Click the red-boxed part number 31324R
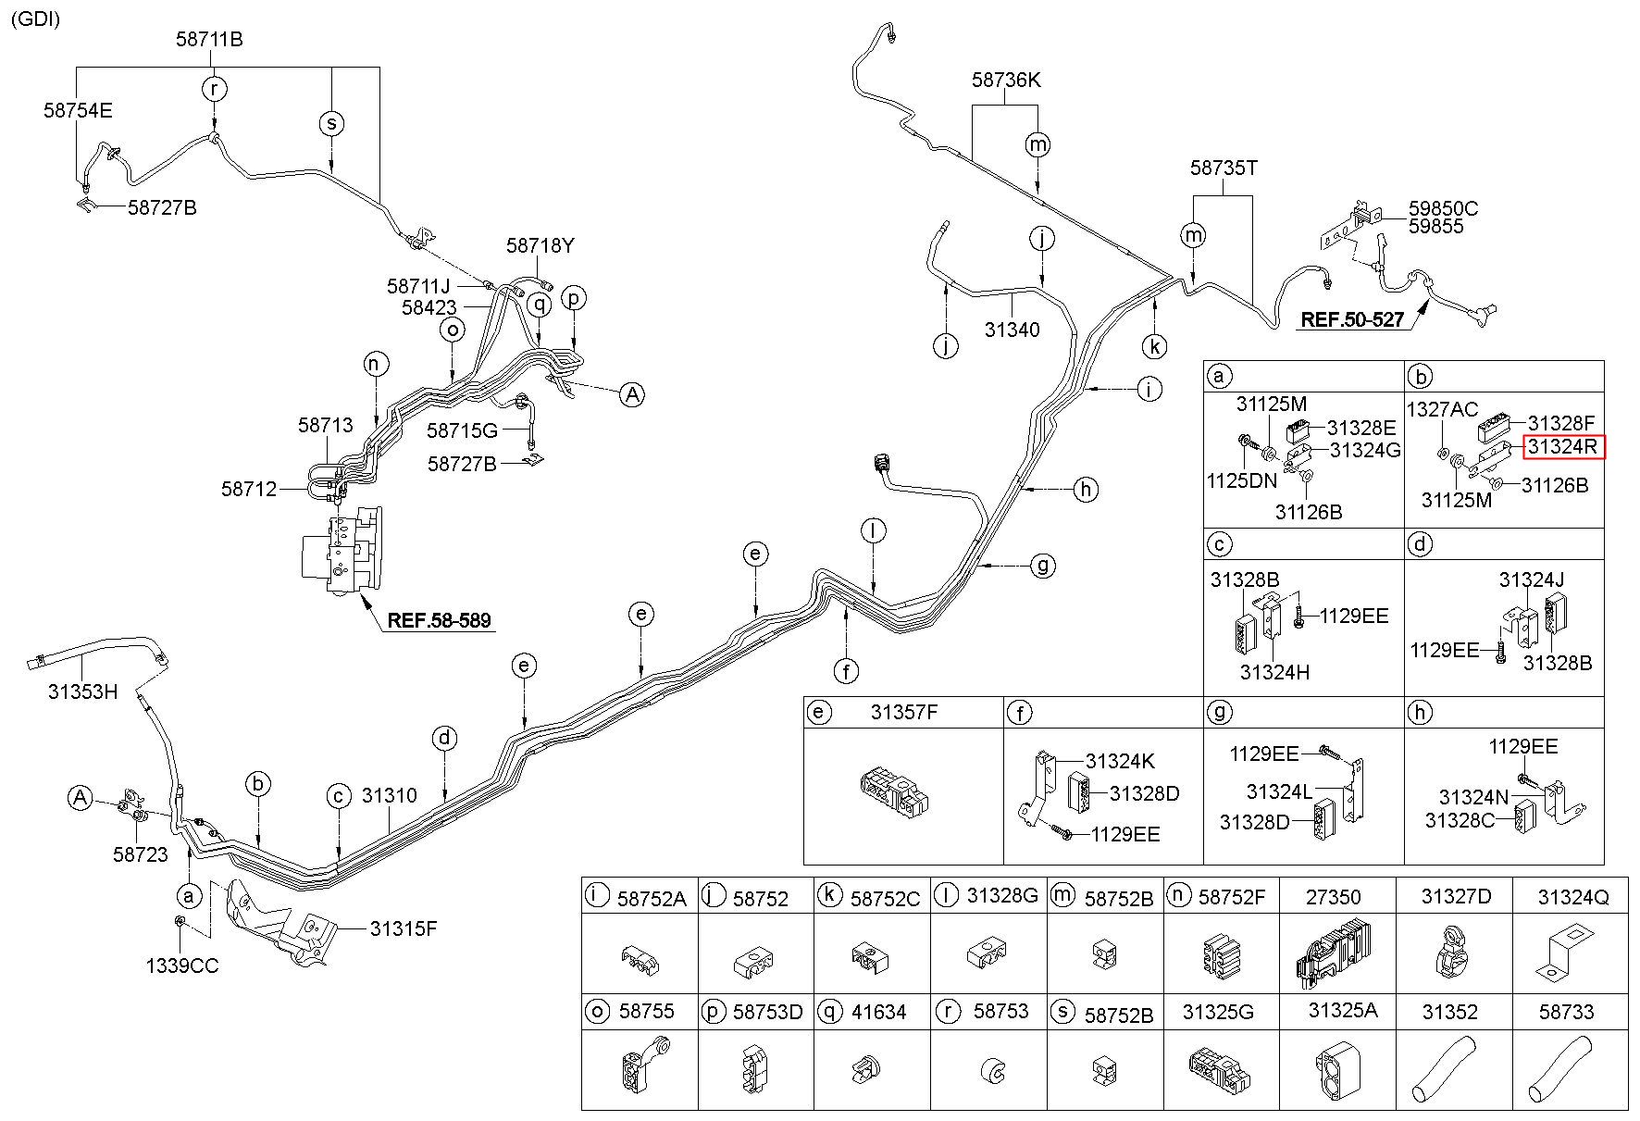click(1562, 447)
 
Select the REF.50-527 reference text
click(1352, 320)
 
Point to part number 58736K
click(1006, 81)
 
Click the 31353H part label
click(83, 691)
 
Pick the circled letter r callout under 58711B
click(215, 89)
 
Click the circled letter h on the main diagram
click(1086, 489)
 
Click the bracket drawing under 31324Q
click(1566, 953)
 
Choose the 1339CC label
click(182, 966)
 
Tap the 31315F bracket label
click(404, 928)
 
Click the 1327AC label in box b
click(1442, 409)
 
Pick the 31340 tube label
click(1012, 330)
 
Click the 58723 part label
click(141, 853)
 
